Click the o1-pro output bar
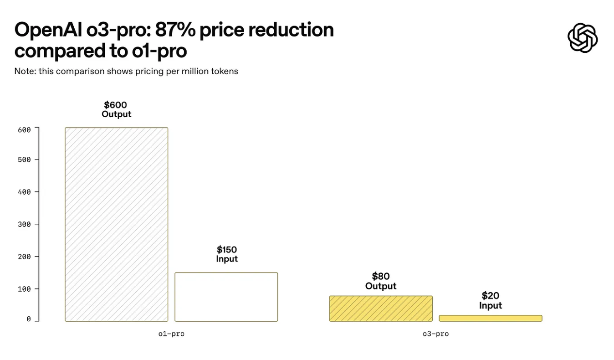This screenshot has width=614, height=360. pyautogui.click(x=116, y=224)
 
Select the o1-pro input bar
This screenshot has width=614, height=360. pyautogui.click(x=226, y=297)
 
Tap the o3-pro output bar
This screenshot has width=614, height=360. pyautogui.click(x=381, y=309)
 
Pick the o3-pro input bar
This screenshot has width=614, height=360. pyautogui.click(x=490, y=318)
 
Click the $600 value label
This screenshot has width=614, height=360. pyautogui.click(x=116, y=105)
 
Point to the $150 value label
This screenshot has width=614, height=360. pyautogui.click(x=227, y=250)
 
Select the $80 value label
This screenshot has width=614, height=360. pyautogui.click(x=381, y=276)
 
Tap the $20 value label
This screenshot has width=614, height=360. pyautogui.click(x=491, y=296)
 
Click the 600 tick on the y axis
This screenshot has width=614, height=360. pyautogui.click(x=25, y=130)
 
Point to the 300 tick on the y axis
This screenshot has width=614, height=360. pyautogui.click(x=25, y=224)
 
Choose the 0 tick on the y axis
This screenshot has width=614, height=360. pyautogui.click(x=29, y=319)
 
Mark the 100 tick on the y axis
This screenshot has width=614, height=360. pyautogui.click(x=25, y=289)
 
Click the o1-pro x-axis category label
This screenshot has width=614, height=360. pyautogui.click(x=171, y=334)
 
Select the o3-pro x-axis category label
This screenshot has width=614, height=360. pyautogui.click(x=435, y=334)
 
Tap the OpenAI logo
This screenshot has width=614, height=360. pyautogui.click(x=582, y=38)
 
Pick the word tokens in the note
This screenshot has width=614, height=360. pyautogui.click(x=223, y=71)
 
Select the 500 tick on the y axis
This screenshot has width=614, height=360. pyautogui.click(x=25, y=159)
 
